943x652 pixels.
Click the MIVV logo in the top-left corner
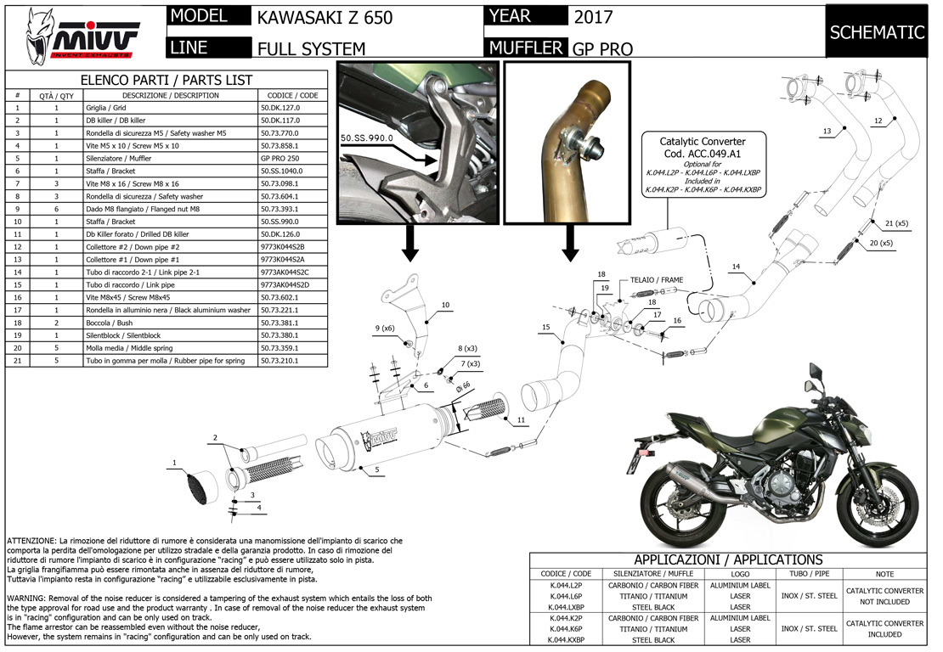click(x=81, y=36)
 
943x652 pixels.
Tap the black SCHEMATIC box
click(x=877, y=32)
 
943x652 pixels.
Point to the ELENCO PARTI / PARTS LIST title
click(x=167, y=80)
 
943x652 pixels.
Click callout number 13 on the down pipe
click(x=826, y=132)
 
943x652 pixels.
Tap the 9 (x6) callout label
click(x=385, y=328)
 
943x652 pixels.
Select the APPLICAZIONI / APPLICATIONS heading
click(x=728, y=559)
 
